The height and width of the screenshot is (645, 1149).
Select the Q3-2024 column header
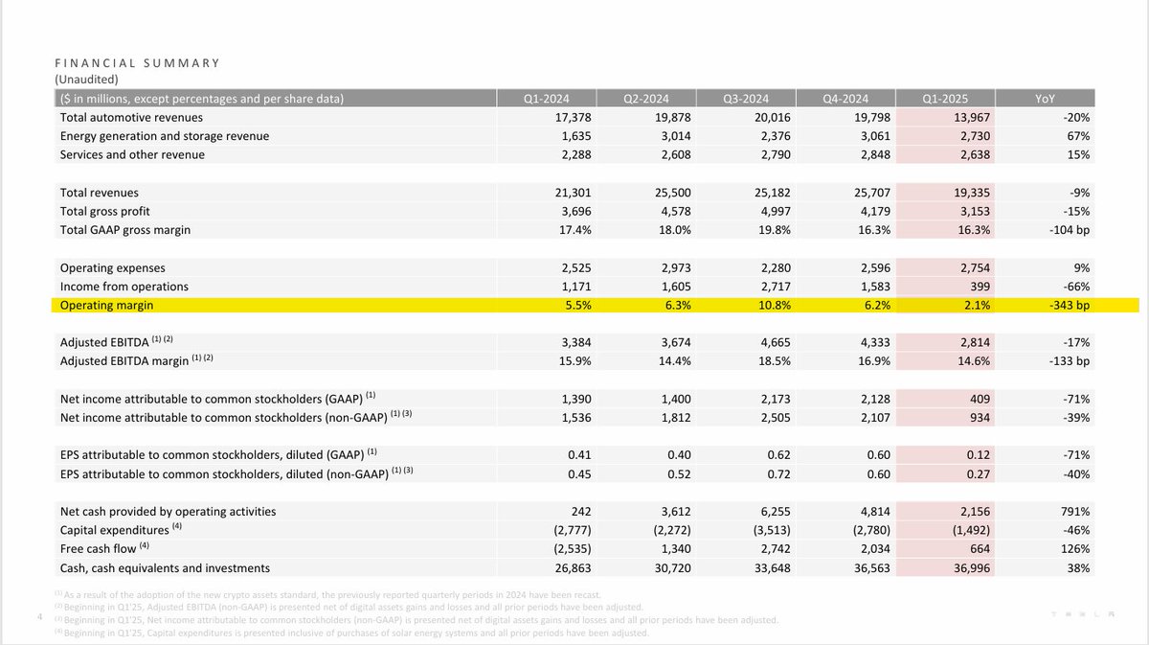tap(745, 99)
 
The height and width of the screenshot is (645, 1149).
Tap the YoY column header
tap(1047, 99)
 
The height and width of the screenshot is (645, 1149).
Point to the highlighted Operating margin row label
tap(106, 306)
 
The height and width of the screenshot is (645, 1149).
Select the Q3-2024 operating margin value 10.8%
tap(769, 306)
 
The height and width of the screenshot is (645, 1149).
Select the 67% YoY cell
tap(1078, 136)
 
